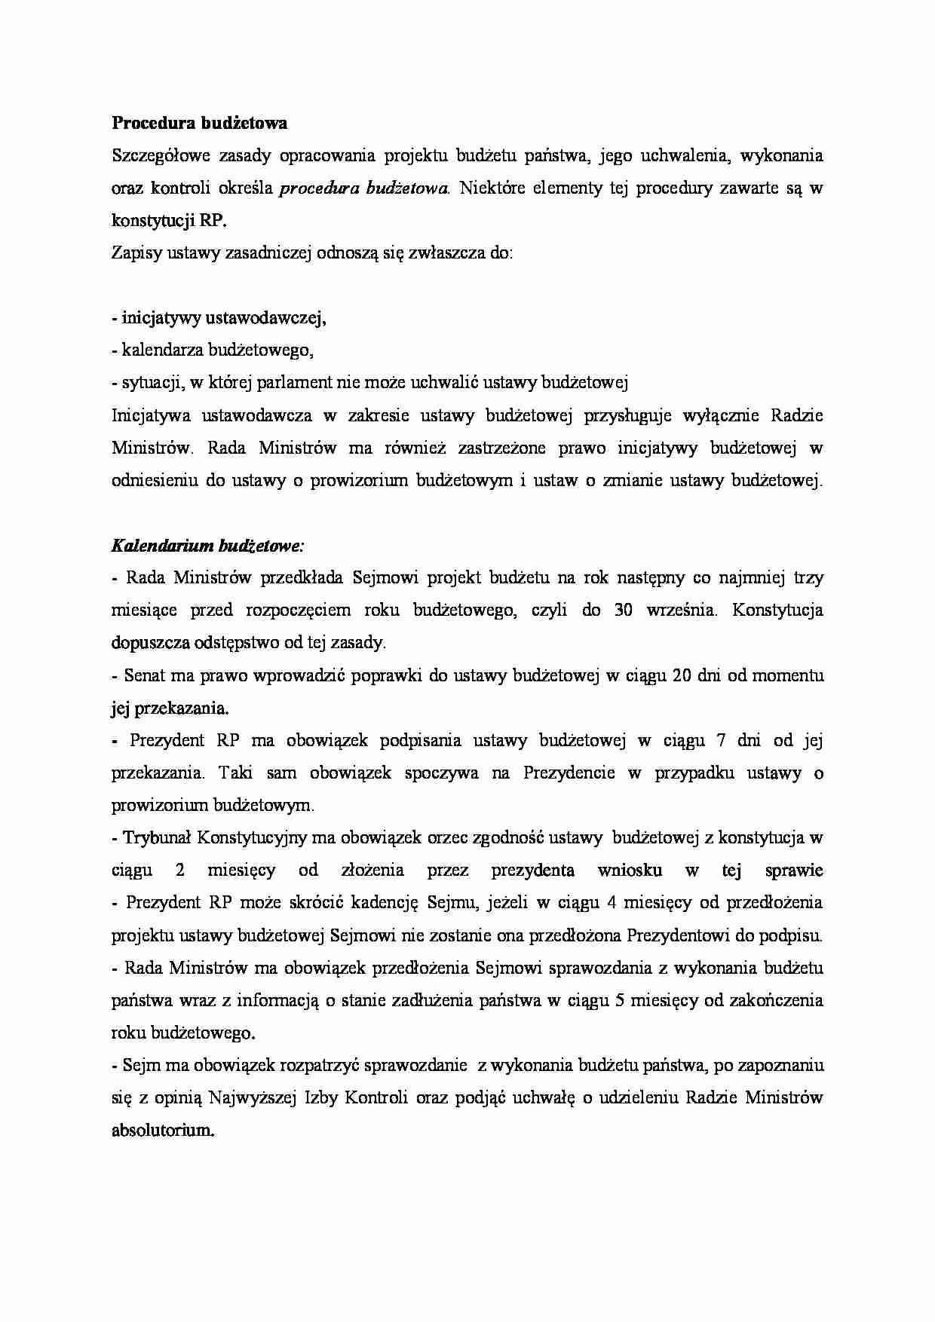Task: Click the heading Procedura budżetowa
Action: [199, 123]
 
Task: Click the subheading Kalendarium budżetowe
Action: [207, 544]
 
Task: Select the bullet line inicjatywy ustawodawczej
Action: [219, 318]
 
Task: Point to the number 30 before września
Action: [623, 610]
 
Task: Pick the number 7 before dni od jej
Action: [722, 740]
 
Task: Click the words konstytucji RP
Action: [168, 221]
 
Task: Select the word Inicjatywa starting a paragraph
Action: [146, 415]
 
